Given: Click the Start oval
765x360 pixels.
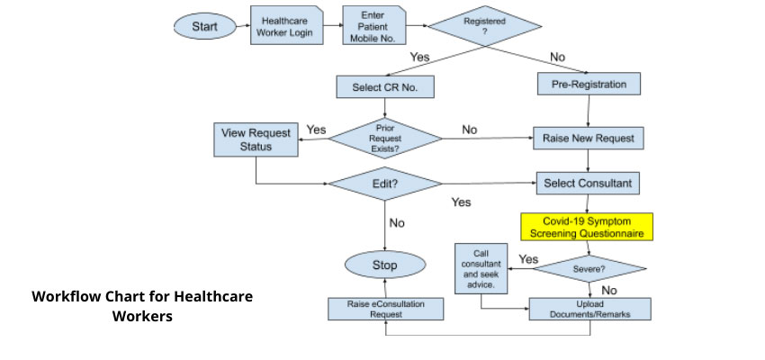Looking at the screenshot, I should coord(204,26).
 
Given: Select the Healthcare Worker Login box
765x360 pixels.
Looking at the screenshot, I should coord(281,27).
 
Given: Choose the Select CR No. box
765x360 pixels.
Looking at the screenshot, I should coord(384,87).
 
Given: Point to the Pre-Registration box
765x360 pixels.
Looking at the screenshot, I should coord(589,85).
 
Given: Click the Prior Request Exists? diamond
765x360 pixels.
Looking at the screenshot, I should coord(385,139).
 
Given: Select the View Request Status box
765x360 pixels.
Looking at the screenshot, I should coord(256,139).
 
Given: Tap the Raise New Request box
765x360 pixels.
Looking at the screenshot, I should coord(589,139).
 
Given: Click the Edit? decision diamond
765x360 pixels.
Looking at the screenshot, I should coord(384,183).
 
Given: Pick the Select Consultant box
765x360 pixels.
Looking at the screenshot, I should coord(589,183).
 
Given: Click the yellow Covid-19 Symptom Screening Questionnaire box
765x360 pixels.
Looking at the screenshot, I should coord(587,227).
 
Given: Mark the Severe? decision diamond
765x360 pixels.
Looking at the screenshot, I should coord(589,267).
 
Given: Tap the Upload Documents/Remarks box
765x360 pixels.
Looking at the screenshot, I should coord(589,309).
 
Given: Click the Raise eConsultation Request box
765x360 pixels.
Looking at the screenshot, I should coord(385,309).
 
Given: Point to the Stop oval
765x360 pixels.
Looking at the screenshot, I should coord(384,265).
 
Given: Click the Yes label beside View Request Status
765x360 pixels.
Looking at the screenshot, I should coord(316,130).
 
